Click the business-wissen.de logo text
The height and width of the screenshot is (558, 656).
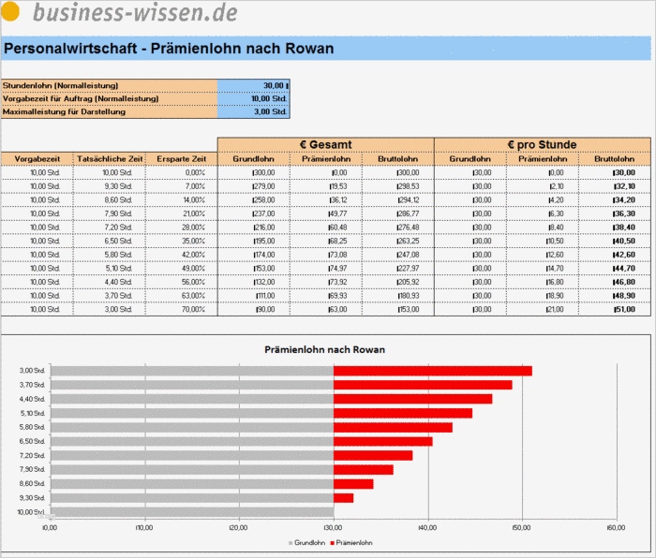134,12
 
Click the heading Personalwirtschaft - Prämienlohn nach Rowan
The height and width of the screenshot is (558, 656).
169,49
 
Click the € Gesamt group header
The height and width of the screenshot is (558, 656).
325,144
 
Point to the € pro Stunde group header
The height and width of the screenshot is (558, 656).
542,144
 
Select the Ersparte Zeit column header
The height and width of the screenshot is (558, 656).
182,159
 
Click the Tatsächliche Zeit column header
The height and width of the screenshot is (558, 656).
110,159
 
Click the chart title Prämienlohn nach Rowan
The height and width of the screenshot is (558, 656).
325,349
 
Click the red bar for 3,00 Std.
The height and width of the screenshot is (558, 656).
432,371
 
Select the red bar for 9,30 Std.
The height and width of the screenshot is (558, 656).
343,498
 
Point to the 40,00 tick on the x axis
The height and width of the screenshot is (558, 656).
428,528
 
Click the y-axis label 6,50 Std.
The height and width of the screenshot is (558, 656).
32,441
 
